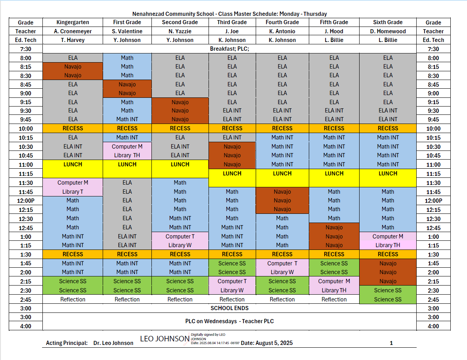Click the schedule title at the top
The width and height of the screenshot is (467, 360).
coord(230,14)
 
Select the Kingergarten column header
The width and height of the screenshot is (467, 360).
coord(73,22)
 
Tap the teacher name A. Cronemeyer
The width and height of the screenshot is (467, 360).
coord(73,31)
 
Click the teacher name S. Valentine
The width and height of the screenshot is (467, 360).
coord(127,31)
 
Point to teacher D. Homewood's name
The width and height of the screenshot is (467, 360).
coord(388,31)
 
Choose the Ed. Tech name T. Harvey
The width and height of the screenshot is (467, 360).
coord(73,40)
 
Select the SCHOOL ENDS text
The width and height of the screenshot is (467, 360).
coord(230,308)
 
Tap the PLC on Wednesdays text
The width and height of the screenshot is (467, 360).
coord(230,321)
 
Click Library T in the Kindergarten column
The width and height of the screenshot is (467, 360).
coord(73,192)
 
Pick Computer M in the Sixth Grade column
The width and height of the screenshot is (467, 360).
coord(388,236)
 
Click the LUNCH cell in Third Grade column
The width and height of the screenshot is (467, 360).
coord(232,173)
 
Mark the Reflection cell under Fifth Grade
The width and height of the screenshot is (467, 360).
coord(334,299)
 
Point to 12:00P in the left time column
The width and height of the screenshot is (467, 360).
coord(25,201)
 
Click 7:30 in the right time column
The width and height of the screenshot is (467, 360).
coord(433,49)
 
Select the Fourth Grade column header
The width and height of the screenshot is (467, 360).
coord(282,22)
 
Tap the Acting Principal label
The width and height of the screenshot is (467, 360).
coord(67,343)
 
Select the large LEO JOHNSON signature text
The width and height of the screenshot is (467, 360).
coord(165,339)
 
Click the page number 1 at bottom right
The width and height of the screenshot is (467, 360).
coord(391,343)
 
